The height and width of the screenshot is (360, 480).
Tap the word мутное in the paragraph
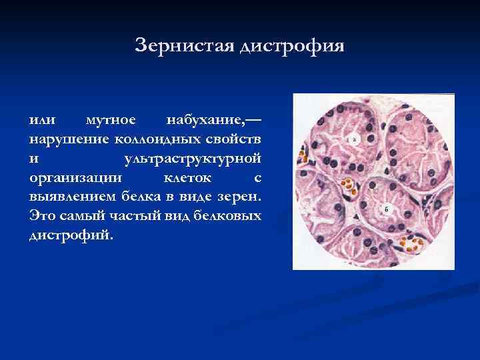point(111,121)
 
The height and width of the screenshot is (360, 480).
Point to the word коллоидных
point(158,140)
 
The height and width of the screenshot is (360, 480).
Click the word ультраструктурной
point(193,159)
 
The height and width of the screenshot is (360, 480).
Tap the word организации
point(72,178)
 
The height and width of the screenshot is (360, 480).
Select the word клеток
point(189,178)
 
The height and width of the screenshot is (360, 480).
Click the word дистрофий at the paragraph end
point(70,235)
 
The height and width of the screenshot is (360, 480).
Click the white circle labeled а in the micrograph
point(355,140)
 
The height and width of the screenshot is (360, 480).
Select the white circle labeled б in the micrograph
point(387,210)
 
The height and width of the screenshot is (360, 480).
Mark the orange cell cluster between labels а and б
point(347,185)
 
